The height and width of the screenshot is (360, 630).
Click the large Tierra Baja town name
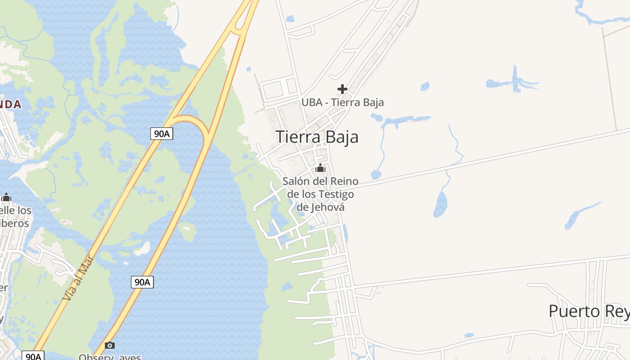[317, 137]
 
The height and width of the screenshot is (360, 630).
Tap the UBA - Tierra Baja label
[342, 103]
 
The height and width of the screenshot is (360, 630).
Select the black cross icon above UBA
[342, 89]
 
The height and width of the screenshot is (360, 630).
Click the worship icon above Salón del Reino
[320, 168]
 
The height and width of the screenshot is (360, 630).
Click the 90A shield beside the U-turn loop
[162, 134]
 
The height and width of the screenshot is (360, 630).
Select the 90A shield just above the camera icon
[142, 282]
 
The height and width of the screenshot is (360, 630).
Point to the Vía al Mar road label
[78, 278]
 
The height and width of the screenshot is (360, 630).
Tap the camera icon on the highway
[109, 346]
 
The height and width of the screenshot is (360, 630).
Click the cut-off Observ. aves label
[110, 357]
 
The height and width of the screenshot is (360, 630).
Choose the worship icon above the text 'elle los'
[6, 197]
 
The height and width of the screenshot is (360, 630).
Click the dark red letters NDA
[10, 104]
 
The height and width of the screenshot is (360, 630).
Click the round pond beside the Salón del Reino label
[375, 175]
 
